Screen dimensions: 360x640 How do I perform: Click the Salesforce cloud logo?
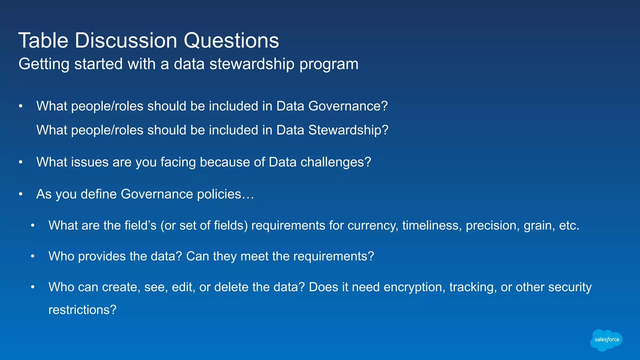click(606, 340)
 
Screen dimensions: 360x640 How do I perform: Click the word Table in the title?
click(43, 41)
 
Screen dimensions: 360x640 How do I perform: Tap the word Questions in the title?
click(231, 41)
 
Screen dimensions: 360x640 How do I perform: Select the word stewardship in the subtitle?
click(252, 64)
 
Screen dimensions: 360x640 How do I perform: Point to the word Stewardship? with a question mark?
click(348, 130)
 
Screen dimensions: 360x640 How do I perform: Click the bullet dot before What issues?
click(21, 162)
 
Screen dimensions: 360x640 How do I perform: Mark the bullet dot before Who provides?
click(32, 257)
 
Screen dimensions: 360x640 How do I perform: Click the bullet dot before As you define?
click(21, 194)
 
